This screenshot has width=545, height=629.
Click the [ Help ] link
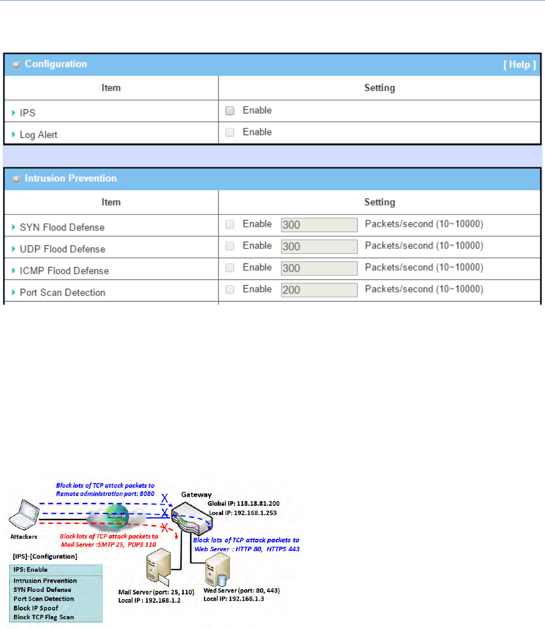[x=520, y=64]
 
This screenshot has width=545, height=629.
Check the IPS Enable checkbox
[x=230, y=110]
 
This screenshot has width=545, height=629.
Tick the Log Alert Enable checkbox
[x=230, y=132]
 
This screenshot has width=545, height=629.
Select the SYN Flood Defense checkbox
[x=230, y=224]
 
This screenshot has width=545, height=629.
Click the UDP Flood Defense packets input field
[x=319, y=246]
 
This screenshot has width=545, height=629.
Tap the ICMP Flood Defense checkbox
[x=230, y=268]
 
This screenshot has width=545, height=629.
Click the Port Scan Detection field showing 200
[x=319, y=290]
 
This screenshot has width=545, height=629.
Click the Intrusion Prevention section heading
[x=71, y=178]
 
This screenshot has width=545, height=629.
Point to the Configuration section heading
[x=56, y=64]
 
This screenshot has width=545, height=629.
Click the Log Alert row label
[x=38, y=135]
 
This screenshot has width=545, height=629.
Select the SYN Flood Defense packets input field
[x=319, y=225]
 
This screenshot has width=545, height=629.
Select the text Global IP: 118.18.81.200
[x=244, y=503]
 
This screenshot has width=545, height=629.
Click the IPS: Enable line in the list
[x=30, y=570]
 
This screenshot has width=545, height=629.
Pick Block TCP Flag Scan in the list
[x=44, y=617]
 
